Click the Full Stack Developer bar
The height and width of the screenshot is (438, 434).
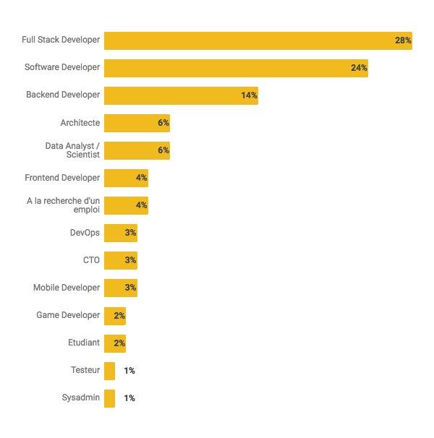[x=258, y=40]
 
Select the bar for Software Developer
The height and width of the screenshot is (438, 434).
[x=236, y=68]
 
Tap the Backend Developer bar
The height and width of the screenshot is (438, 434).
[x=181, y=95]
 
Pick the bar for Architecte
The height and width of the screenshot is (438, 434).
[x=137, y=123]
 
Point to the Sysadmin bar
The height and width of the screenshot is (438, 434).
[x=109, y=398]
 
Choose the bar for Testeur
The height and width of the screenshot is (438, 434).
[x=109, y=371]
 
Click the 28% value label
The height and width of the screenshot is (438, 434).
[x=403, y=40]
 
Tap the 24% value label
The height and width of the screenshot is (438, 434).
[x=359, y=68]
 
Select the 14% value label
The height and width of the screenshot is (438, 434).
[x=249, y=95]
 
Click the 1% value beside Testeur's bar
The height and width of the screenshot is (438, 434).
[x=129, y=371]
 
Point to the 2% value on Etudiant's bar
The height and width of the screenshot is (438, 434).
[x=119, y=343]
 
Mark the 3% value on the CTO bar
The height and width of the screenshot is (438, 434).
[x=130, y=260]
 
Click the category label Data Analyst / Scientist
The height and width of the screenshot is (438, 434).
[x=72, y=150]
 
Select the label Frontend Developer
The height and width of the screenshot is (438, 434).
[x=62, y=178]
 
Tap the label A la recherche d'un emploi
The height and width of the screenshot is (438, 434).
[x=63, y=205]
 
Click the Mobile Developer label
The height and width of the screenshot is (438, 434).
[x=67, y=288]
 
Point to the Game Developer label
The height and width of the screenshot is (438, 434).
[x=68, y=315]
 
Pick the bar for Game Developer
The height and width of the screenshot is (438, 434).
[x=114, y=316]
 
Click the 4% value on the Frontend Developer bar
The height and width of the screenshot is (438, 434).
[x=141, y=178]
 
